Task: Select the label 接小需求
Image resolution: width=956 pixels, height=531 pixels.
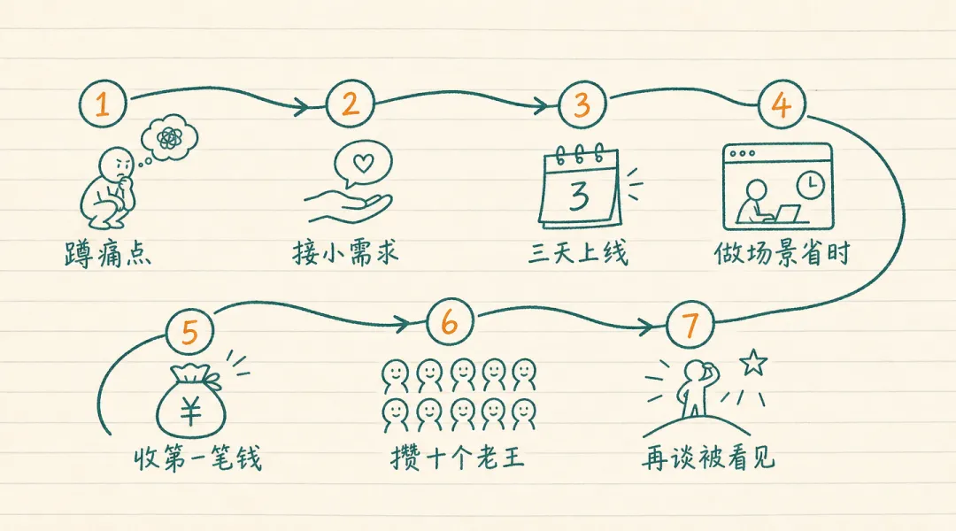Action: tap(345, 252)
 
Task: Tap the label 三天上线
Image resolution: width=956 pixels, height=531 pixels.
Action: tap(578, 252)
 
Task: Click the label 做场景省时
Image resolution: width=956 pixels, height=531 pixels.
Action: tap(783, 252)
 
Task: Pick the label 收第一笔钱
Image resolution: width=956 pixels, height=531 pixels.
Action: tap(197, 458)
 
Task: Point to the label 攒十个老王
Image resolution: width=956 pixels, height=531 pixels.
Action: tap(458, 457)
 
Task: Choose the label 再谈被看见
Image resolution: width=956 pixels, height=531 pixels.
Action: tap(708, 457)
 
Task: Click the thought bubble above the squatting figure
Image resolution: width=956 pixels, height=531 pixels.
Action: tap(169, 138)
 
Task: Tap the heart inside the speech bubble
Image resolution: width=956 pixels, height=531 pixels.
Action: tap(364, 163)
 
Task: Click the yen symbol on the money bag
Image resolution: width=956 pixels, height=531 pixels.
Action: tap(190, 409)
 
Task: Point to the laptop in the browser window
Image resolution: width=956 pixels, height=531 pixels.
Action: tap(787, 214)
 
